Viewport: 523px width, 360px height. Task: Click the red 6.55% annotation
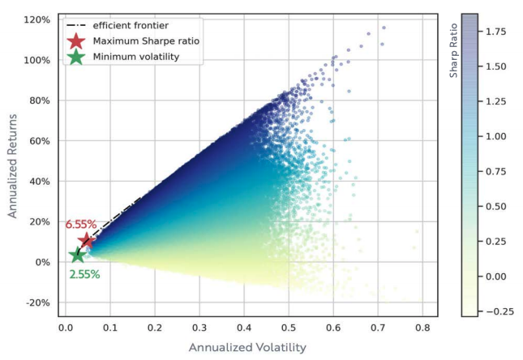click(81, 225)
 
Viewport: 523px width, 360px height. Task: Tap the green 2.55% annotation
click(85, 274)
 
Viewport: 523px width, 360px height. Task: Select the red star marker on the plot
click(87, 240)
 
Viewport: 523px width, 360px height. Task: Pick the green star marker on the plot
click(77, 255)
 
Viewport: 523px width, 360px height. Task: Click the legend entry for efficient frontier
click(131, 26)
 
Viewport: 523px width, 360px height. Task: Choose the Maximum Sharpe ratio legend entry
click(146, 41)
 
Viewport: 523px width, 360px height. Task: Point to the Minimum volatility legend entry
click(135, 57)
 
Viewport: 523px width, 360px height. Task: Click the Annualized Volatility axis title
click(247, 347)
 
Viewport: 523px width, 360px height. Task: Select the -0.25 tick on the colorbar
click(496, 311)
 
